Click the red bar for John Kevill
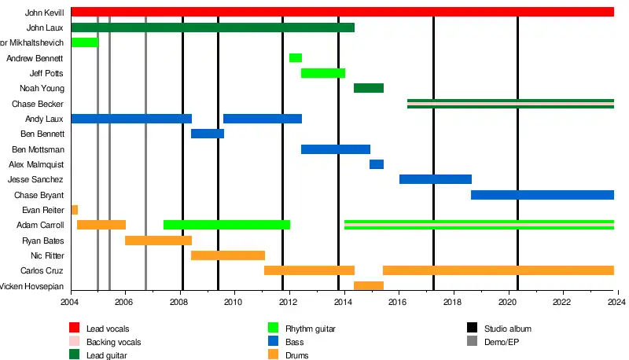[342, 12]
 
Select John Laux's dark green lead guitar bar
[212, 28]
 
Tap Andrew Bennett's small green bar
[295, 58]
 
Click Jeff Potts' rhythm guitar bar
[322, 73]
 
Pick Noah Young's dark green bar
[368, 88]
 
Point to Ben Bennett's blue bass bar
[208, 134]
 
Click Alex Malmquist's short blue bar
[377, 164]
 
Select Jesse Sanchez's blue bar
[435, 179]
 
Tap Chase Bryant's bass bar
[542, 195]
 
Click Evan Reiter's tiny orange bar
[74, 210]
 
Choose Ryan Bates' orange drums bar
[158, 241]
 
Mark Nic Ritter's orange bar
[228, 255]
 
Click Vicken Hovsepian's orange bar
[368, 286]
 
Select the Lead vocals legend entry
[108, 328]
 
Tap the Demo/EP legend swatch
[473, 342]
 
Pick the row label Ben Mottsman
[39, 149]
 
